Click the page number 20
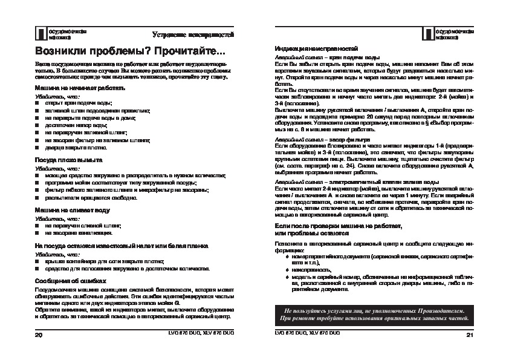coord(39,334)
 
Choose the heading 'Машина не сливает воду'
coord(73,210)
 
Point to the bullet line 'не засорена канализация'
coord(78,232)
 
